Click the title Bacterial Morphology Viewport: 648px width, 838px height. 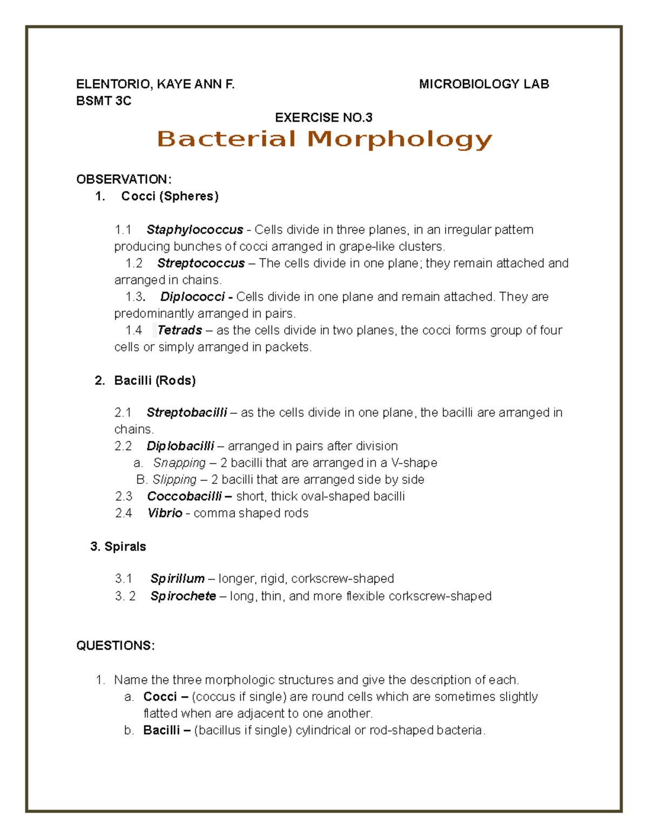pos(325,139)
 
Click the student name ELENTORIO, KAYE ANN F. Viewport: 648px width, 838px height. pos(156,84)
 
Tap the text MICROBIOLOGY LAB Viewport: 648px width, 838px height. pos(484,84)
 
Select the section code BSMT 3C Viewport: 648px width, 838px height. pos(104,101)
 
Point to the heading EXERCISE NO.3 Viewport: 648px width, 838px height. pos(323,118)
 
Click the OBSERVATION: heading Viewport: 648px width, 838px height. pos(124,179)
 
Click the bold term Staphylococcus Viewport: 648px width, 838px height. pos(194,230)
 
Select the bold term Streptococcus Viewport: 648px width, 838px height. pos(201,263)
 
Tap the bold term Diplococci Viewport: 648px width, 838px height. pos(192,297)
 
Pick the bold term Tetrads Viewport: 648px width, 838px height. pos(180,330)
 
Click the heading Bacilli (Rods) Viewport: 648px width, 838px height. pos(154,381)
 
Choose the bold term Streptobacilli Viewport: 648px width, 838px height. pos(187,413)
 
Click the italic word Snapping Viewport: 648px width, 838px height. pos(179,463)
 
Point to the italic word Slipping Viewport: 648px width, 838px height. pos(174,480)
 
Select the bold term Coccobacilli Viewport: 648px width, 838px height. pos(184,496)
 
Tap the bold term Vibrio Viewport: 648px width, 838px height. pos(165,513)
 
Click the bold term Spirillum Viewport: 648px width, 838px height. pos(177,579)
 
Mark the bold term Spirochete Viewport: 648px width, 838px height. pos(183,596)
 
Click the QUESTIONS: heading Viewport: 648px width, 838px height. pos(116,646)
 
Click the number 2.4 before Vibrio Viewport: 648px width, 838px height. pos(123,513)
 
